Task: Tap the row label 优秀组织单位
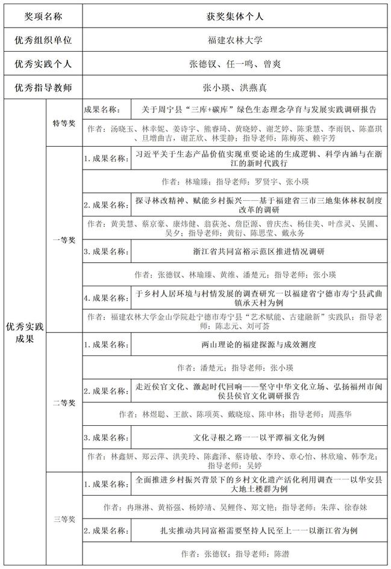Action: pyautogui.click(x=43, y=40)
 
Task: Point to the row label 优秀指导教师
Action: pyautogui.click(x=43, y=87)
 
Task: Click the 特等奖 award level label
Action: pyautogui.click(x=63, y=123)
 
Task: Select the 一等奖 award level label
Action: pyautogui.click(x=63, y=239)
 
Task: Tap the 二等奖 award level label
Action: pyautogui.click(x=63, y=402)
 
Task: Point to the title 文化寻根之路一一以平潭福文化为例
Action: pyautogui.click(x=258, y=437)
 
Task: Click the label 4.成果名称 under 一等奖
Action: pyautogui.click(x=106, y=298)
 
